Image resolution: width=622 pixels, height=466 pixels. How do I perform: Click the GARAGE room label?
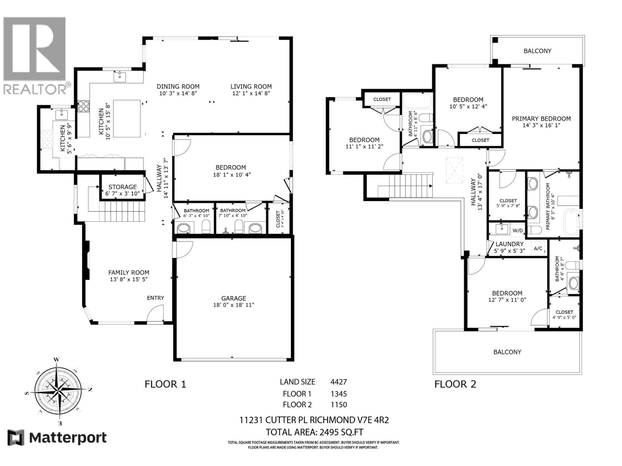[234, 298]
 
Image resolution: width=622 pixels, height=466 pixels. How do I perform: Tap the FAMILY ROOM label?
[129, 273]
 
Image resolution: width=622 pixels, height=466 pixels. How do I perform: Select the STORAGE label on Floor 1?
[122, 187]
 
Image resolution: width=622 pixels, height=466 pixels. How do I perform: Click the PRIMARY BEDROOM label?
[541, 119]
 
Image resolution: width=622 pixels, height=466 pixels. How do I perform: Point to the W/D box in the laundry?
[517, 231]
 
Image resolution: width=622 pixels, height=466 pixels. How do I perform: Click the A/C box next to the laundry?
[538, 249]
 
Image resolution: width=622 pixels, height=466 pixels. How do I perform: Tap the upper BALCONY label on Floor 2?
[537, 51]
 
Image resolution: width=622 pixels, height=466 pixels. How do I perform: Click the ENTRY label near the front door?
[155, 298]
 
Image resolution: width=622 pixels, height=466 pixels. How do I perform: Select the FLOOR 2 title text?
[455, 384]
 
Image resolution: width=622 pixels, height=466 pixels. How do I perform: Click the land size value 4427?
[338, 382]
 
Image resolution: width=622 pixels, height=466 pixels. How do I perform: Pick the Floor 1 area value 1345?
[338, 394]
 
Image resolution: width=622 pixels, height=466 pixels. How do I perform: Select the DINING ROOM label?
[178, 87]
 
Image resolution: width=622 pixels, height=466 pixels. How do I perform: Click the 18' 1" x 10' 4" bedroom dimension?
[232, 175]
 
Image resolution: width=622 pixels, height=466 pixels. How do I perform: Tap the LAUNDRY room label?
[509, 244]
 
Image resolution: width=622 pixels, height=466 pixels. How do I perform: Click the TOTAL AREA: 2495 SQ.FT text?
[314, 432]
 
